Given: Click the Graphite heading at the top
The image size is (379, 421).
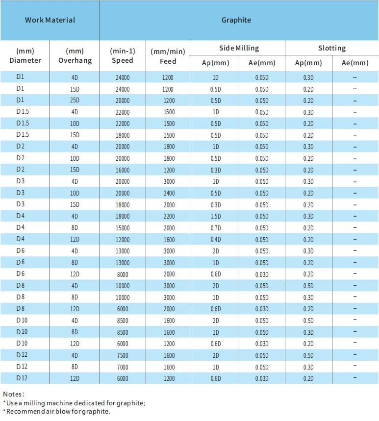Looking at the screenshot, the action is (236, 20).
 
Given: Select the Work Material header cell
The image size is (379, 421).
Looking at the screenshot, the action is (50, 20).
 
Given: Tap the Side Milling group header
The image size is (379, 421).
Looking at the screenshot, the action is (239, 48).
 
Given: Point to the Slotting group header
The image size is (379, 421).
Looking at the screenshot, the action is (332, 48).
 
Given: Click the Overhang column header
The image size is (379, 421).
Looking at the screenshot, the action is (75, 55).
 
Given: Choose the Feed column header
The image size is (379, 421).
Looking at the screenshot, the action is (168, 56).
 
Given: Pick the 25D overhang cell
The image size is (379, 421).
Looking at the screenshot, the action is (75, 100).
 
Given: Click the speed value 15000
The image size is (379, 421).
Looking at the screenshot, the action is (123, 228).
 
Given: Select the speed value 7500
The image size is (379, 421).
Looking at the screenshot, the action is (123, 355).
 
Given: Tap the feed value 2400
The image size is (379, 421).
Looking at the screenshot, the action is (169, 193).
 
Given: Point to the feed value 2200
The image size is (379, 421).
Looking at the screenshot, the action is (169, 217).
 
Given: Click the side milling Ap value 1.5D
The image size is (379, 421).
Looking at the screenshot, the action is (216, 217).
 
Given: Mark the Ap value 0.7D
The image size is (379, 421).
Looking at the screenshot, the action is (216, 228).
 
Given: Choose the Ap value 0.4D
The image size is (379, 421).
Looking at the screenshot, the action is (216, 240).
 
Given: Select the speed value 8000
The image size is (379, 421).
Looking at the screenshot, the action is (123, 274).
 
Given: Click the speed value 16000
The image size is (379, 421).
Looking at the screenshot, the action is (123, 170).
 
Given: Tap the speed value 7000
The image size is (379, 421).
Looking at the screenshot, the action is (123, 367).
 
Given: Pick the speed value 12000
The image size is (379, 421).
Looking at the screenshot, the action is (123, 240).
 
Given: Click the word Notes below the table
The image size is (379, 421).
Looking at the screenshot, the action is (13, 394).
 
